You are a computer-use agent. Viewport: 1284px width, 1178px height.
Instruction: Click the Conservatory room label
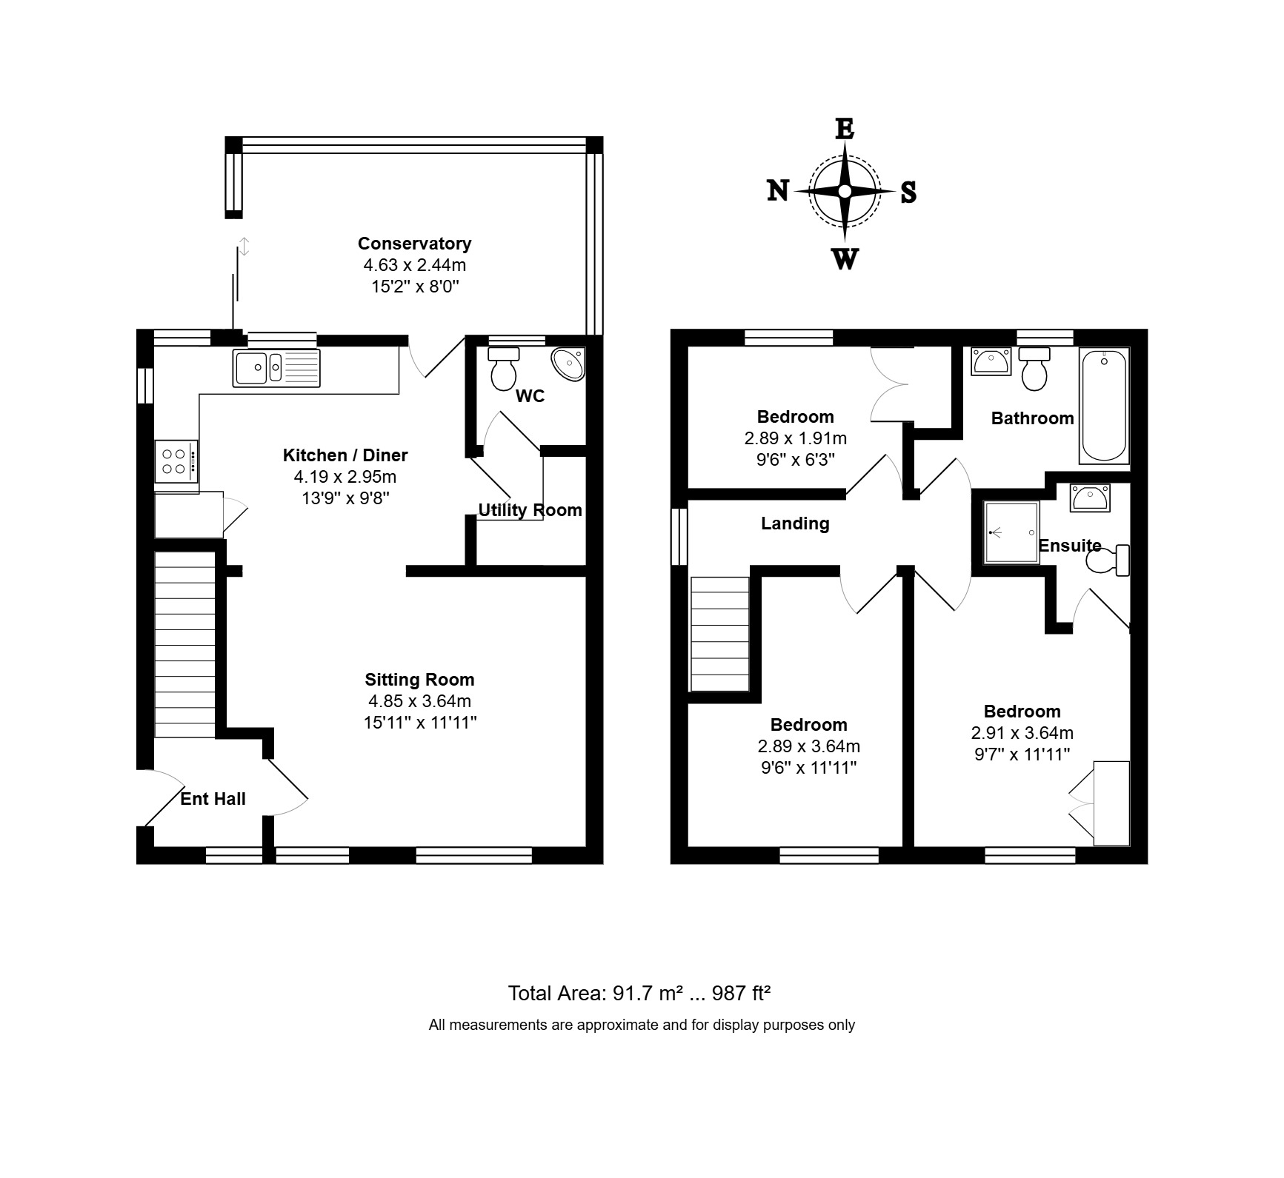pos(414,244)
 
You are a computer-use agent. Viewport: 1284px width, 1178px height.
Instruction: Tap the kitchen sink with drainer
pos(277,368)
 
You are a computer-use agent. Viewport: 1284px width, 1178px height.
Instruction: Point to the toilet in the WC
pos(505,368)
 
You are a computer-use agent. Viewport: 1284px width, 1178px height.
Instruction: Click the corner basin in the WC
pos(569,364)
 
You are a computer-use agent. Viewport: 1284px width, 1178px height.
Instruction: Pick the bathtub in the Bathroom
pos(1104,406)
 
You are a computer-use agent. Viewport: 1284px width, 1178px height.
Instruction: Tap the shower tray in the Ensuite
pos(1011,532)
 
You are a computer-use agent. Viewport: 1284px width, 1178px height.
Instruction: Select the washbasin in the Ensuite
pos(1088,497)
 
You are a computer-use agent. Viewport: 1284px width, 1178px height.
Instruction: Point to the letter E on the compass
pos(845,130)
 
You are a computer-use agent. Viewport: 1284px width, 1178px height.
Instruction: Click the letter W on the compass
pos(845,260)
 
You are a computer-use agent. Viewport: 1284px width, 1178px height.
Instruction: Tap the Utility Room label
pos(530,510)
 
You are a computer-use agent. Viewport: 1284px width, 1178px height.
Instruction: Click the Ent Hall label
pos(213,799)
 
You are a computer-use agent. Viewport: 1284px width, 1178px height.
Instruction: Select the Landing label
pos(795,524)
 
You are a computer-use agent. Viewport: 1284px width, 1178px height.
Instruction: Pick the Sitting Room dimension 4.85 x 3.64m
pos(419,701)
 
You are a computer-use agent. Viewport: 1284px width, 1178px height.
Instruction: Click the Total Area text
pos(639,993)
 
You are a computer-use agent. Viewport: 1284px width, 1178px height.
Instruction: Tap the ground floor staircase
pos(185,644)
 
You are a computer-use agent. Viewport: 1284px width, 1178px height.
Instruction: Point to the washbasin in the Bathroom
pos(991,361)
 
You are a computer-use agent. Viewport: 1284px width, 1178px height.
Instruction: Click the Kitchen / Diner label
pos(345,455)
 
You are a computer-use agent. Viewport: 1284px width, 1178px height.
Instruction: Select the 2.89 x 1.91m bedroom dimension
pos(795,438)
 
